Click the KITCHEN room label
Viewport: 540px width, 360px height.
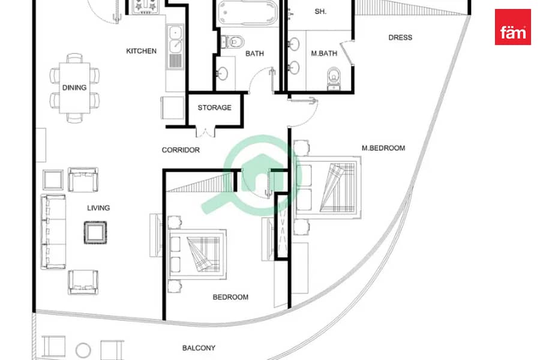(141, 51)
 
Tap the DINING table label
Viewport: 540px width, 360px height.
(74, 88)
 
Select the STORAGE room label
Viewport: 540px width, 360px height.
(215, 108)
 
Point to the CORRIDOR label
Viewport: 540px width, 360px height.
(181, 150)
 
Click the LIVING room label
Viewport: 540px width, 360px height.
(98, 208)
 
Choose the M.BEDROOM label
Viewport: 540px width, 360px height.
(383, 148)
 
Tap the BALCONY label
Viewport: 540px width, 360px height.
(199, 348)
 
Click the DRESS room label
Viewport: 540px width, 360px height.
(400, 38)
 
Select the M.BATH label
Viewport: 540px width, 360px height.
(324, 53)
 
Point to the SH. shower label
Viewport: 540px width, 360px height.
(320, 12)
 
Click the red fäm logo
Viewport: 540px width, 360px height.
(513, 27)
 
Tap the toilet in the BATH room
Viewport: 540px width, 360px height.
(232, 41)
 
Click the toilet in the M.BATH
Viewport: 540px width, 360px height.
(334, 79)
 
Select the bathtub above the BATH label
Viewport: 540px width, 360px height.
(247, 13)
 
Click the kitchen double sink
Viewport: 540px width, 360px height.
(175, 38)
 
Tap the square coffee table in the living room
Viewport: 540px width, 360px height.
(95, 233)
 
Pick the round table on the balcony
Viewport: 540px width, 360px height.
(83, 350)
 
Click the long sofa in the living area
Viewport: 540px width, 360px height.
(53, 232)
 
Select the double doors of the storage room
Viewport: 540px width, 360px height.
(206, 132)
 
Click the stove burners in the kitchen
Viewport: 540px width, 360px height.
(145, 7)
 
